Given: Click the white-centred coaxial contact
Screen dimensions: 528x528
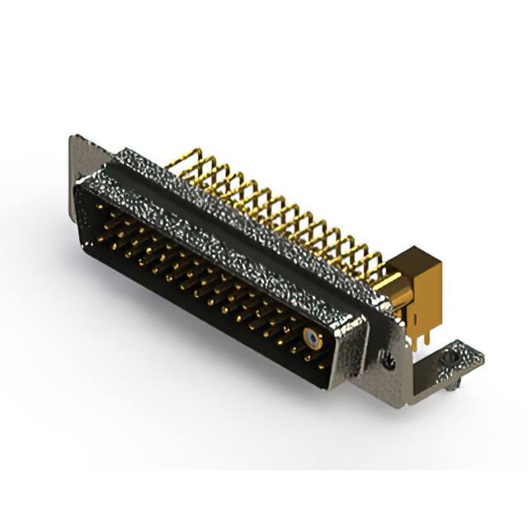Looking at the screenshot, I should (310, 337).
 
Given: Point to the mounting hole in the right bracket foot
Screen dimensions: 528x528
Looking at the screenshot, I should (452, 361).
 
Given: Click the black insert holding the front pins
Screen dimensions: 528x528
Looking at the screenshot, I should (190, 272).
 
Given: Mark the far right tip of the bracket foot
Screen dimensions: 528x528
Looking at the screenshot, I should (483, 356).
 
